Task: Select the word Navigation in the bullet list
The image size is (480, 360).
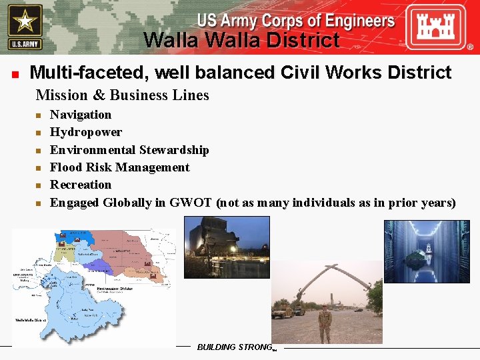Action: pos(81,115)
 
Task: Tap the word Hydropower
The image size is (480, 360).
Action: pos(86,132)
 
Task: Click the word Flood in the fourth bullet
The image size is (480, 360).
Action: pos(66,167)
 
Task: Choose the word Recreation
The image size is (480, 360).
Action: pos(81,185)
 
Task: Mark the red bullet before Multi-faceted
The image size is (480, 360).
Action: pos(14,73)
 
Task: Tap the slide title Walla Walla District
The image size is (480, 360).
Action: pos(241,41)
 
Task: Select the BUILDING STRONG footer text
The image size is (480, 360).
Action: pos(235,347)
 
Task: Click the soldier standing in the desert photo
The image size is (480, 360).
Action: pos(325,323)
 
